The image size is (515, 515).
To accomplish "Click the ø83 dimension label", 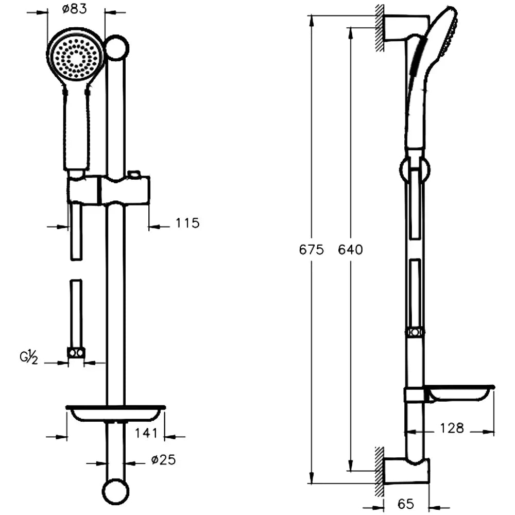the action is coord(75,9).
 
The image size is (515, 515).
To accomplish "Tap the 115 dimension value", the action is coord(187,223).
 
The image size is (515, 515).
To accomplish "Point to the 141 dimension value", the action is coord(146,433).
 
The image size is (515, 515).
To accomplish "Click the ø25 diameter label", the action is coord(164,459).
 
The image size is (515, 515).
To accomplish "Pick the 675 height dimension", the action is coord(312,250).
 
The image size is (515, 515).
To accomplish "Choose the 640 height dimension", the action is coord(350,250).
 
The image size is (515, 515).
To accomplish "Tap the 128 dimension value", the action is coord(452,428).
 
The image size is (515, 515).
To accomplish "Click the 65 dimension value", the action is coord(406,504).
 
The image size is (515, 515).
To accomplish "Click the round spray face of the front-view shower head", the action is coord(76,58).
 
